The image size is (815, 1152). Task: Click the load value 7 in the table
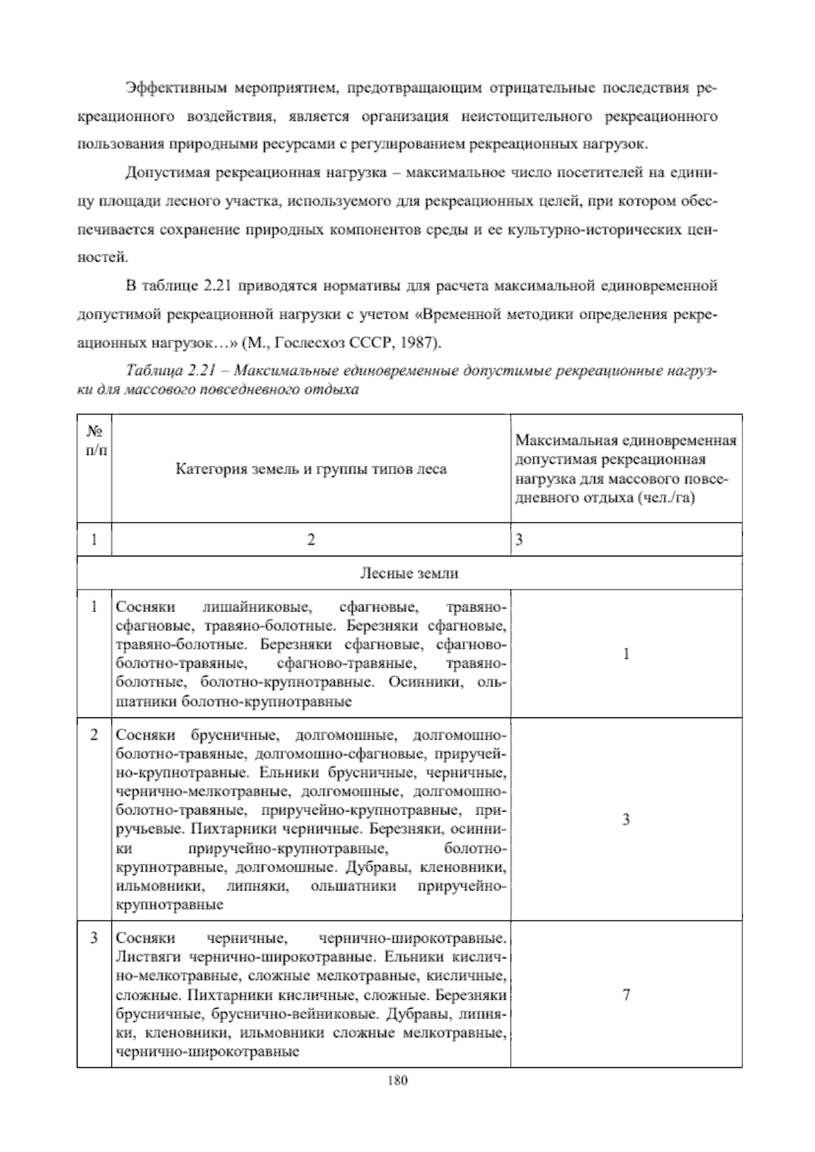pos(626,995)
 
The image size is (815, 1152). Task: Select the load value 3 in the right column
pos(626,820)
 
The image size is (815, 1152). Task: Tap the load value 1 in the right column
pos(626,654)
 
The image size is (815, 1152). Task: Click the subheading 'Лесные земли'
pos(409,573)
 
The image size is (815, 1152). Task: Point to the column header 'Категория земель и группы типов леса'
pos(311,469)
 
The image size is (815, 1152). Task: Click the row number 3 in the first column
pos(94,938)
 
